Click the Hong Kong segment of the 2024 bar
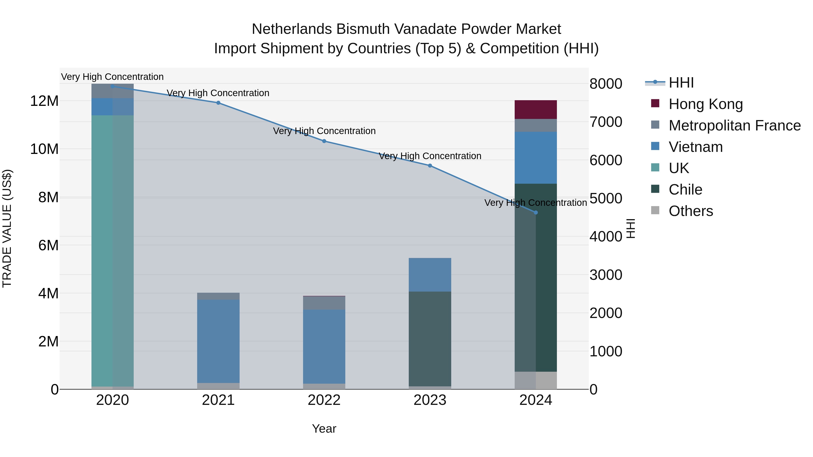[536, 109]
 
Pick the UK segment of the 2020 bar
[112, 251]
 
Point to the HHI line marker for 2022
[324, 141]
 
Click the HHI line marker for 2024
[536, 213]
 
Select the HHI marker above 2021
[218, 103]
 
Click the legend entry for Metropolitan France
[734, 125]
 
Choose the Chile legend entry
[685, 190]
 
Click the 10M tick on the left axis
[44, 149]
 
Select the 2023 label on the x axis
[430, 400]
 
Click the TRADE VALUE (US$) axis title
[7, 228]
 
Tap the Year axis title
[324, 429]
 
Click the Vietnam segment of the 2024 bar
[536, 158]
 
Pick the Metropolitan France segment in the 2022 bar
[324, 303]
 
